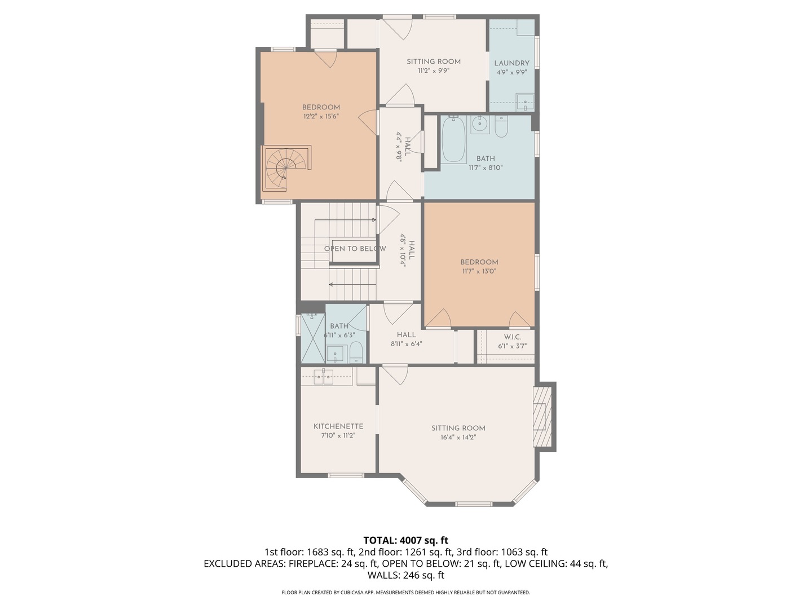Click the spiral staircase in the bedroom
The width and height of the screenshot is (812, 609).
pyautogui.click(x=286, y=168)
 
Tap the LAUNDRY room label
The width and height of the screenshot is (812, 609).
pyautogui.click(x=511, y=63)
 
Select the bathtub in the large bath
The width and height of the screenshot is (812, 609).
pyautogui.click(x=453, y=139)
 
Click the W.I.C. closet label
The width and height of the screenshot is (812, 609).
pyautogui.click(x=513, y=337)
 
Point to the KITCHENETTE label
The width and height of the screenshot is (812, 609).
pyautogui.click(x=338, y=426)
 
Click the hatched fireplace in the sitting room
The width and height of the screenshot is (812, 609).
pyautogui.click(x=542, y=417)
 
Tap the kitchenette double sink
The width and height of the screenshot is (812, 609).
pyautogui.click(x=324, y=377)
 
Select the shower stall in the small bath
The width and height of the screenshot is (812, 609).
pyautogui.click(x=313, y=338)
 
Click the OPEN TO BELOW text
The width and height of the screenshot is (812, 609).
pyautogui.click(x=355, y=249)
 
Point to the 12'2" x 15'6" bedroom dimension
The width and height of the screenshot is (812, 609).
pyautogui.click(x=321, y=117)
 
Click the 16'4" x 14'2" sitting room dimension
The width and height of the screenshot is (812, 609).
pyautogui.click(x=458, y=438)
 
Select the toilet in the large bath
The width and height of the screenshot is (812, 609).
pyautogui.click(x=501, y=126)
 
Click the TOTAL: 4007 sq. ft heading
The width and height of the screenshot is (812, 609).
pyautogui.click(x=406, y=541)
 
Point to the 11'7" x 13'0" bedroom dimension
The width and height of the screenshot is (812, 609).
pyautogui.click(x=479, y=271)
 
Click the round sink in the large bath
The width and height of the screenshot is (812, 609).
pyautogui.click(x=480, y=124)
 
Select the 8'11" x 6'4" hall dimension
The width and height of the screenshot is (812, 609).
pyautogui.click(x=406, y=344)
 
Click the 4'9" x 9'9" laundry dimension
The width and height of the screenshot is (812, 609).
pyautogui.click(x=511, y=73)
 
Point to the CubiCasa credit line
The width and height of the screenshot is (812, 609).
pyautogui.click(x=406, y=592)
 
